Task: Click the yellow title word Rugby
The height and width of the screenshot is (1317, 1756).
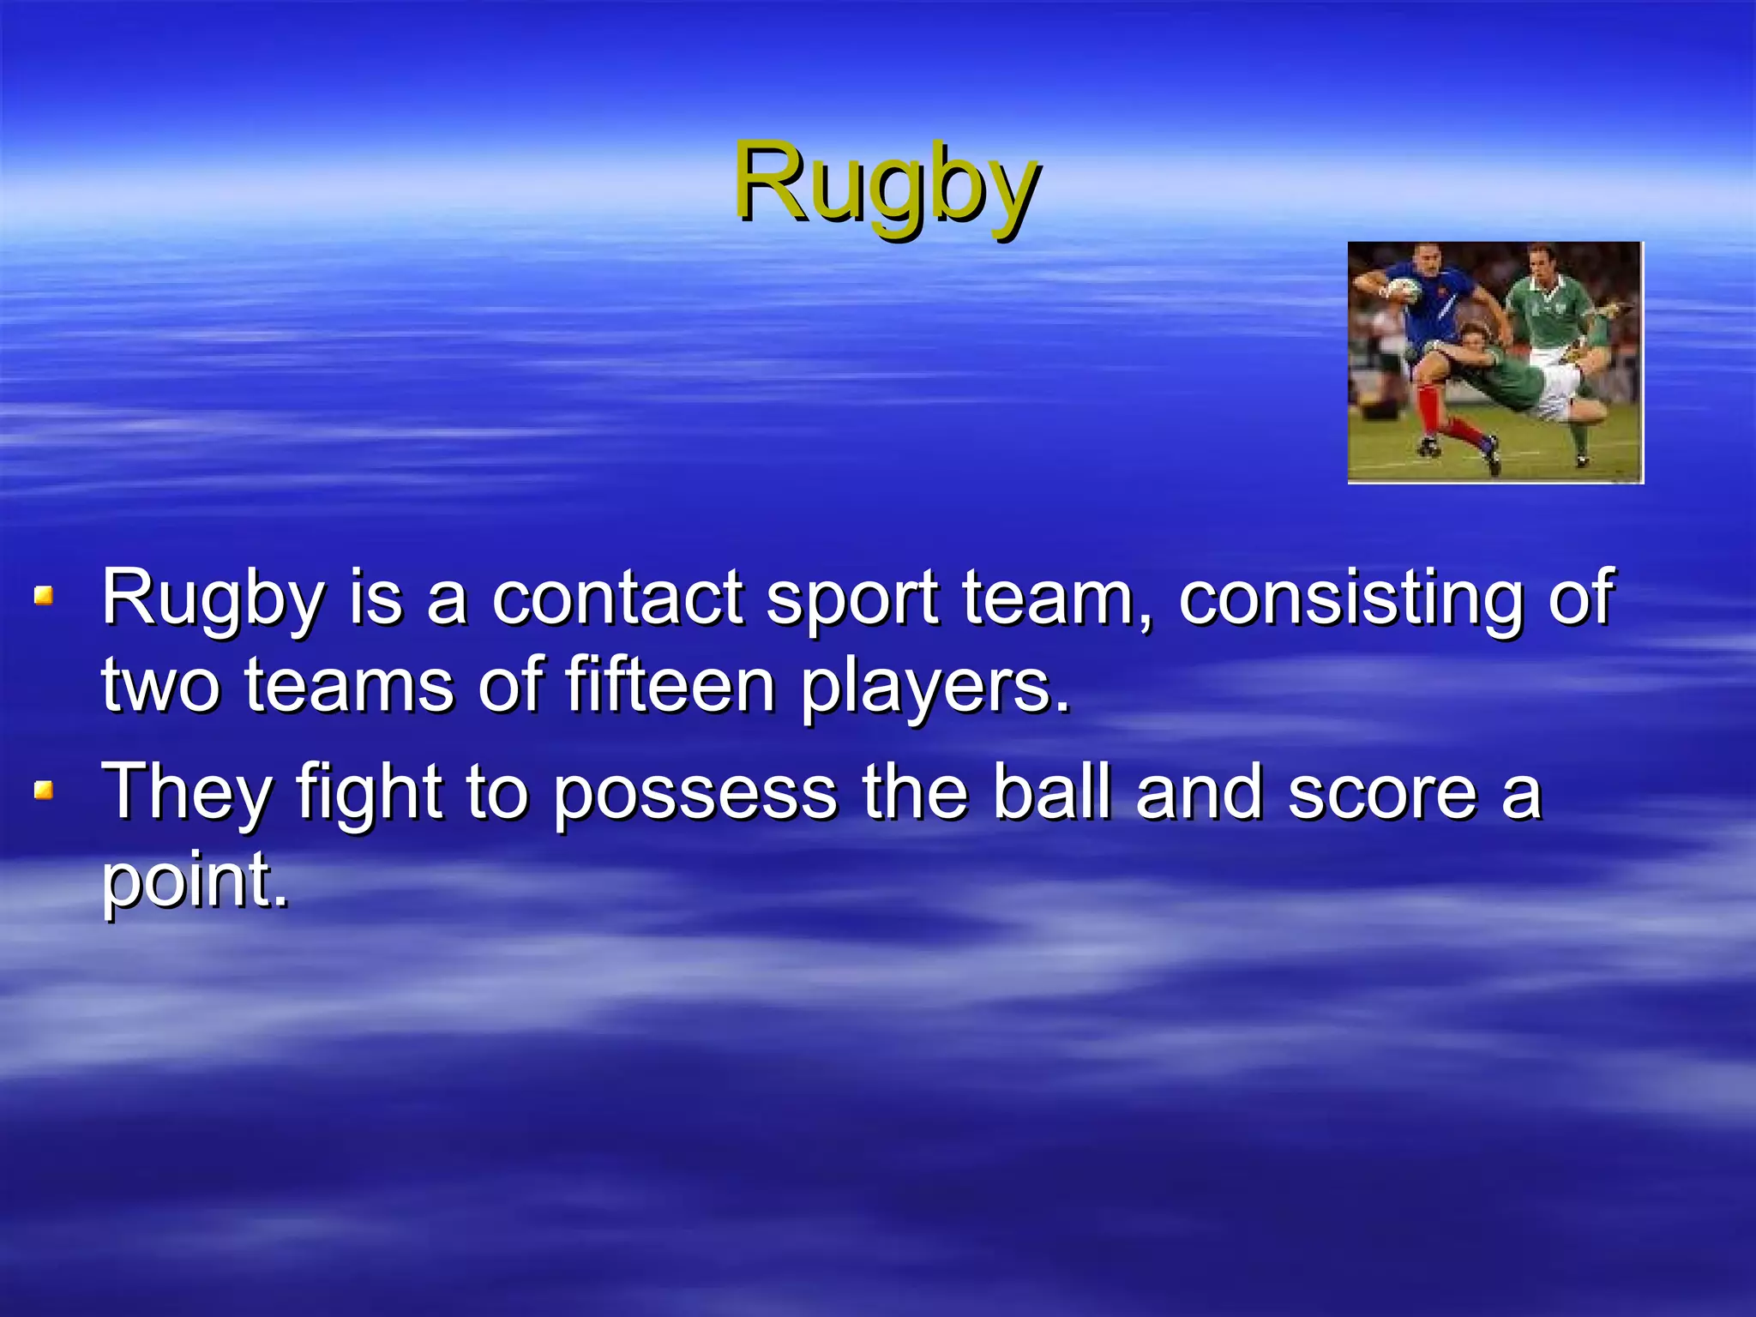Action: coord(887,183)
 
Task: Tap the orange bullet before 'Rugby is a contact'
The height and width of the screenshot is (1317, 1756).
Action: coord(44,595)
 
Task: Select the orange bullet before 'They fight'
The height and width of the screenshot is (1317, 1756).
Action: coord(44,789)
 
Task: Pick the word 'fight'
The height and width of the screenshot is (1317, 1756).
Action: coord(370,794)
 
